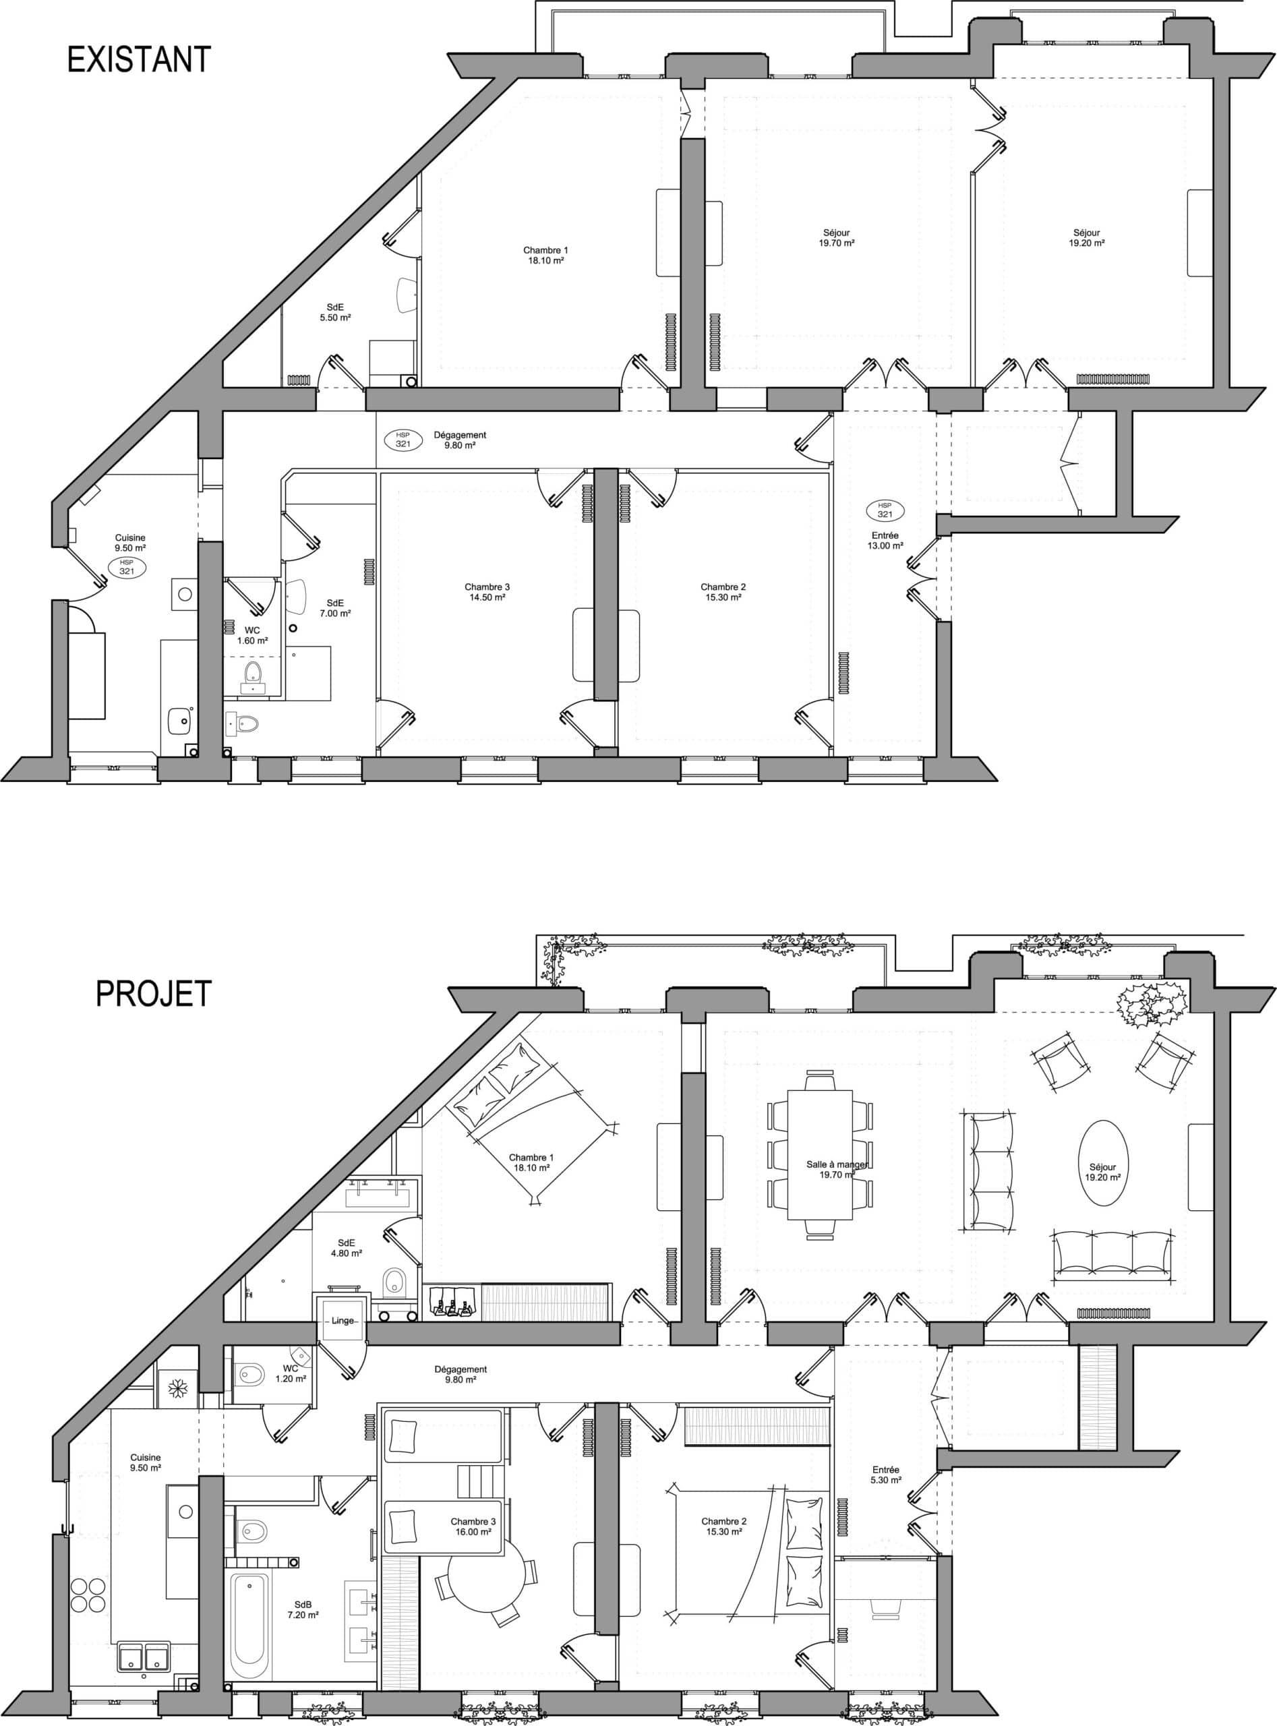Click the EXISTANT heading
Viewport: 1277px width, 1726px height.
click(139, 59)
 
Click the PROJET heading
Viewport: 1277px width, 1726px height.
click(153, 993)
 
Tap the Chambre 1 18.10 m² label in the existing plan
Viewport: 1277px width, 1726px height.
click(545, 255)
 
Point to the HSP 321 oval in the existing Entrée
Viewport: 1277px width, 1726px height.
click(885, 510)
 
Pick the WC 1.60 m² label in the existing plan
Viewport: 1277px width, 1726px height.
click(252, 635)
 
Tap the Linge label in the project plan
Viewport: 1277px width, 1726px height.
click(343, 1321)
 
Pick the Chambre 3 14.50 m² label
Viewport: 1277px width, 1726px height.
click(487, 591)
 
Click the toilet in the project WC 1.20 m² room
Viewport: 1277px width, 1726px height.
click(251, 1373)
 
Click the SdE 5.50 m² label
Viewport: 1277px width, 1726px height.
click(336, 311)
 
